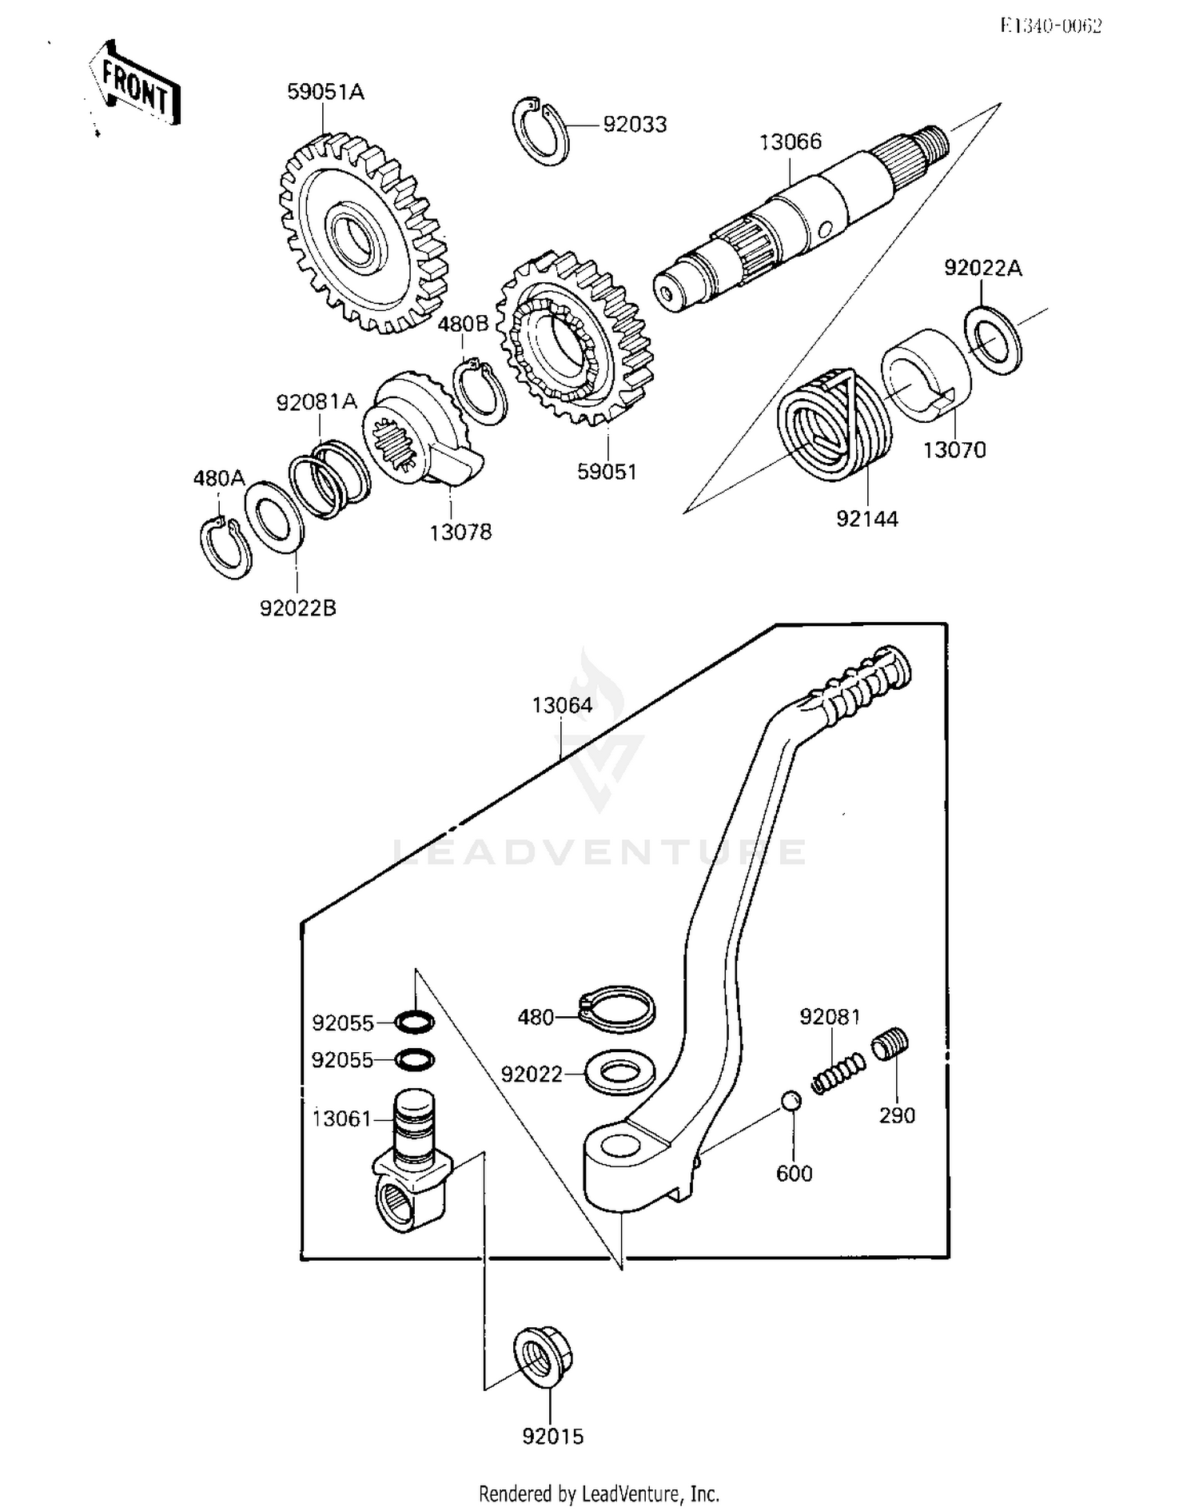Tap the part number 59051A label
pos(325,93)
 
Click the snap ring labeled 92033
pos(540,132)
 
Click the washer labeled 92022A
pos(993,340)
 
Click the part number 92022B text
pos(297,608)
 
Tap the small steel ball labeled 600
pos(791,1100)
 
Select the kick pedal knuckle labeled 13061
pos(412,1163)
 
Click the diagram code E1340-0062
pos(1050,26)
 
